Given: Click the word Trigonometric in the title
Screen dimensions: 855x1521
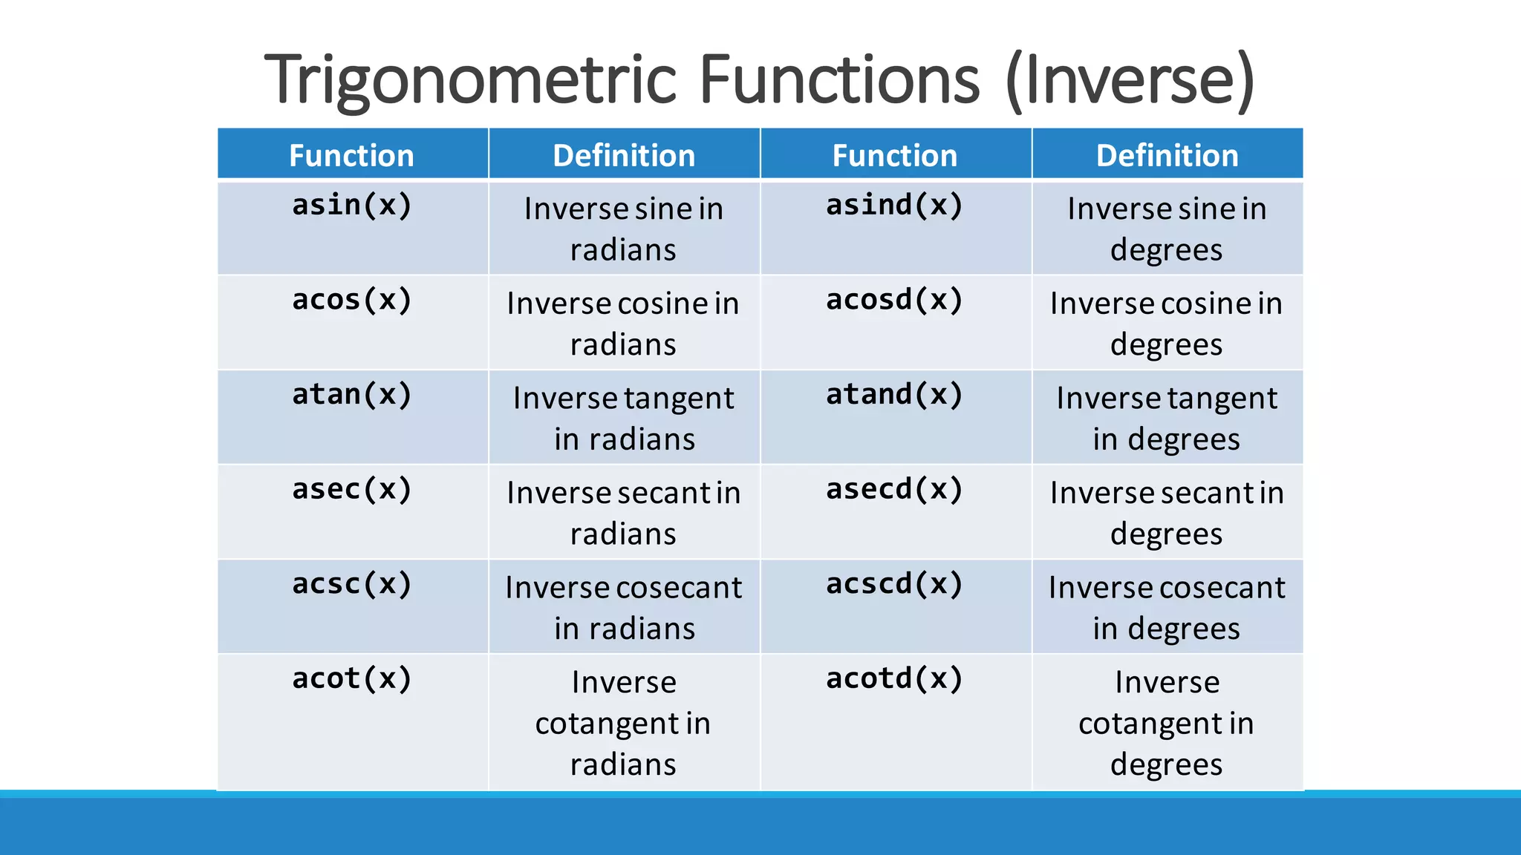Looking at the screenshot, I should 471,80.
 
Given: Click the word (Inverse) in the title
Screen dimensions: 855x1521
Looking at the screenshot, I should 1130,80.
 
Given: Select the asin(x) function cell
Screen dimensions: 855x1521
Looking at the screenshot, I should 352,206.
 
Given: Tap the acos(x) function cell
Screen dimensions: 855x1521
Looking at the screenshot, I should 352,300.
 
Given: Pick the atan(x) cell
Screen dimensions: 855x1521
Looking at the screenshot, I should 352,395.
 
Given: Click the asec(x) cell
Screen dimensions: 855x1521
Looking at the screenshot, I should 352,490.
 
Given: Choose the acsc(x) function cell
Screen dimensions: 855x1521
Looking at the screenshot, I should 352,584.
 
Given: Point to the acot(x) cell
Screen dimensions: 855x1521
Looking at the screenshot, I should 352,679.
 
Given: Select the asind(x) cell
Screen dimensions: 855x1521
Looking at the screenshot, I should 895,206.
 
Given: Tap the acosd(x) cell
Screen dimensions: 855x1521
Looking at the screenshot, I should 895,300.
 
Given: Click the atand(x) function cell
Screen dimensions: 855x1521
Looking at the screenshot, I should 895,395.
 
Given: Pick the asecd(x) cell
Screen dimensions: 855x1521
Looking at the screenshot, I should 895,490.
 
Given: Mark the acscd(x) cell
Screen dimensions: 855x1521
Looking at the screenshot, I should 895,584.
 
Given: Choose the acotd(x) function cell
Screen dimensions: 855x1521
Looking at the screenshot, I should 895,679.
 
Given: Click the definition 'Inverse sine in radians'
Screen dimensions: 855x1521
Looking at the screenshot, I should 624,229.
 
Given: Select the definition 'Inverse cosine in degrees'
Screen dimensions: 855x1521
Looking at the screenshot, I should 1167,324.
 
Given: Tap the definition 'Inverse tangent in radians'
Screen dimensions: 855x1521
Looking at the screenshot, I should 624,419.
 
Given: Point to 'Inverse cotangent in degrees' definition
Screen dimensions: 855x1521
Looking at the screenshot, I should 1167,723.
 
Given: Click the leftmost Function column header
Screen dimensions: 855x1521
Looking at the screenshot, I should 352,156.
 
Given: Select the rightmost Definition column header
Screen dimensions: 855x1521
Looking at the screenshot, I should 1167,156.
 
